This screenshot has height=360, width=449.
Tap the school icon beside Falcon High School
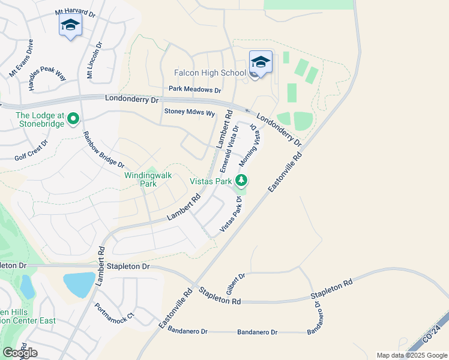tap(261, 62)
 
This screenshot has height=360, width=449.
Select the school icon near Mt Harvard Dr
tap(70, 25)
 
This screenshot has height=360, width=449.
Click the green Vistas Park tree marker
tap(241, 180)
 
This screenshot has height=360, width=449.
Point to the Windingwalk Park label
tap(148, 179)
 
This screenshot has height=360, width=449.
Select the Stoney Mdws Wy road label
tap(189, 112)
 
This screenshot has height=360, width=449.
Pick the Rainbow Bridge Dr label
tap(103, 149)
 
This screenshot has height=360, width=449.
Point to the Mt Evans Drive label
tap(21, 58)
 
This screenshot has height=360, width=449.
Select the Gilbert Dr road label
tap(236, 284)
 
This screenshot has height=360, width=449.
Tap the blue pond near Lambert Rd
tap(79, 284)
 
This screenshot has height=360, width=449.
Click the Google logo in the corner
tap(20, 353)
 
